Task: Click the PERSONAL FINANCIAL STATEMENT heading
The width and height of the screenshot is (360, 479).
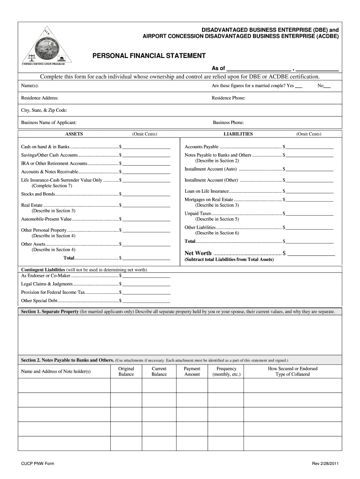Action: coord(149,56)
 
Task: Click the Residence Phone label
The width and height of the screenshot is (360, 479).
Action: coord(229,98)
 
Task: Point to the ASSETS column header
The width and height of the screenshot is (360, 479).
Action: coord(74,134)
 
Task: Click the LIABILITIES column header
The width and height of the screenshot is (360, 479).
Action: coord(238,134)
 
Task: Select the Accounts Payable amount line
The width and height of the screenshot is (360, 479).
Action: coord(310,148)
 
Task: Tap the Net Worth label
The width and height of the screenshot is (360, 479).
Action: coord(198,254)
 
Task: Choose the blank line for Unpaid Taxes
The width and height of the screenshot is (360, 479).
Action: coord(310,215)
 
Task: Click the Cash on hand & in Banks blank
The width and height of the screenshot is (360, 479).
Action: coord(146,148)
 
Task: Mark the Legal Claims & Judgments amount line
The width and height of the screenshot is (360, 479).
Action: coord(146,285)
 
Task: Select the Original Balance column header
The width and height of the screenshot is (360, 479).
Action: coord(126,371)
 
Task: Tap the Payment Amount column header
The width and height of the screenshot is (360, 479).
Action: coord(192,371)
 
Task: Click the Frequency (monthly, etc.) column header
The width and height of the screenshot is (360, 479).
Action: coord(227,371)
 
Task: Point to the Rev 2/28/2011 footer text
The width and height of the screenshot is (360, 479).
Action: coord(326,464)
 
